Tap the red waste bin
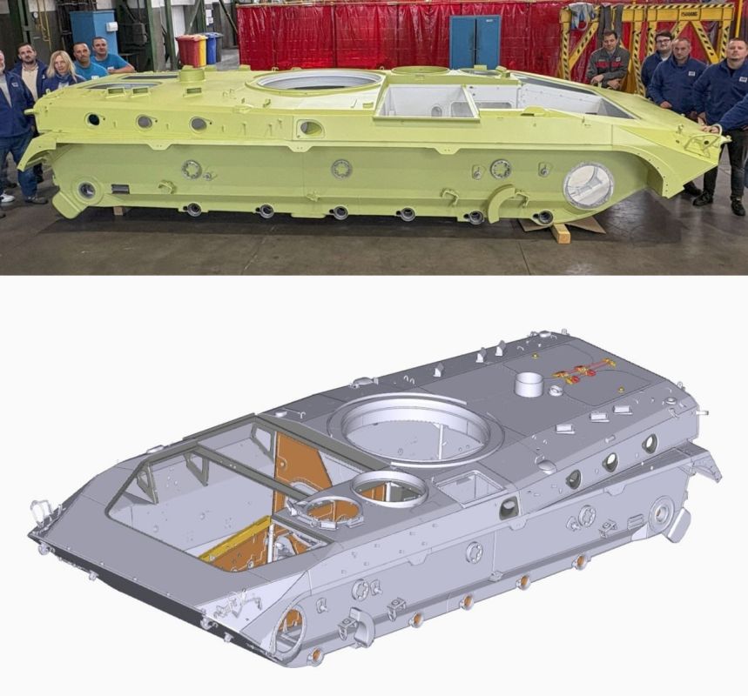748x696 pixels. click(x=185, y=50)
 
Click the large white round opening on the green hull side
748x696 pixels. click(x=588, y=184)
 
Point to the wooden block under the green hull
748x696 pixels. click(x=559, y=231)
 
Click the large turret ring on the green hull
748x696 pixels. click(x=319, y=81)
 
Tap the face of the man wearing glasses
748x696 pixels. click(x=664, y=43)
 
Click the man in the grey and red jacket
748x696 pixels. click(x=608, y=61)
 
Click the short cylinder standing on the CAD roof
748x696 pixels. click(x=528, y=383)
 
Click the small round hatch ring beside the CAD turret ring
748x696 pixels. click(x=388, y=488)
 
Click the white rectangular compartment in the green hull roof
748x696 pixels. click(x=426, y=101)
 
